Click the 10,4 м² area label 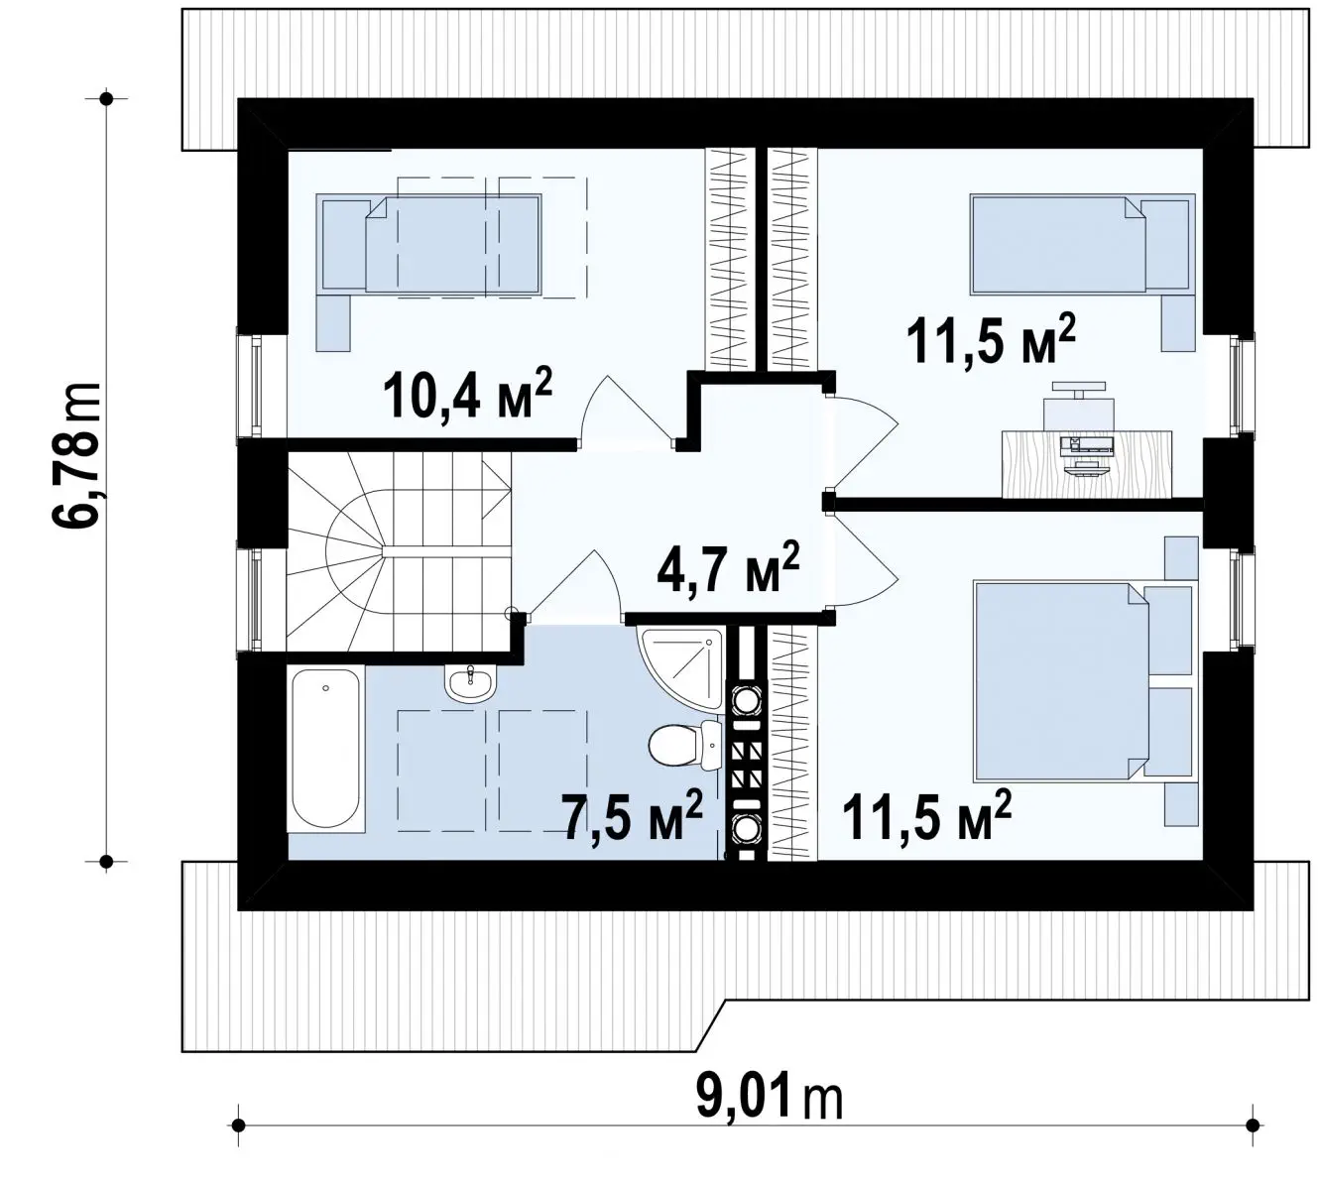pos(467,395)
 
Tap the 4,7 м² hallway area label pos(727,567)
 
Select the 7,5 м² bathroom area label pos(634,815)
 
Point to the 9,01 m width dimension pos(769,1096)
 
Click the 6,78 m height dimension pos(76,455)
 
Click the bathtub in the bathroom pos(326,749)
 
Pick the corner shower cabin pos(680,669)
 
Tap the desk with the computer pos(1087,464)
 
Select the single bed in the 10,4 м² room pos(428,243)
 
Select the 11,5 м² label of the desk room pos(991,340)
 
